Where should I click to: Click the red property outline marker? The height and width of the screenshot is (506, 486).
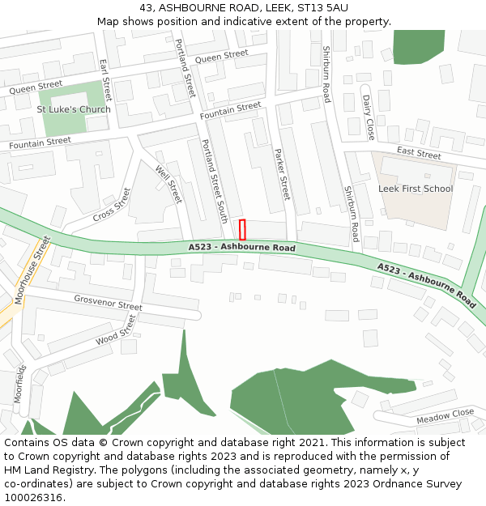click(x=242, y=229)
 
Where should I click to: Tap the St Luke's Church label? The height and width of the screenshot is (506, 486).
click(x=74, y=109)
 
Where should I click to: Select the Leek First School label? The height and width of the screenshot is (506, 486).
click(x=416, y=189)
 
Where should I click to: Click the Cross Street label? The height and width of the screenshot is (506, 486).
click(x=112, y=205)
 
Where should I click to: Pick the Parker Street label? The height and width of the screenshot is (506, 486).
click(x=282, y=174)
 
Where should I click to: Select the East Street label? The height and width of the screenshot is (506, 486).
click(x=419, y=154)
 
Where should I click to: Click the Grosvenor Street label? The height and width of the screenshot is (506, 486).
click(x=108, y=304)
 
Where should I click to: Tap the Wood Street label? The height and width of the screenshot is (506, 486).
click(x=117, y=330)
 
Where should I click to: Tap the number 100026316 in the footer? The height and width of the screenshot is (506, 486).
click(x=34, y=497)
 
